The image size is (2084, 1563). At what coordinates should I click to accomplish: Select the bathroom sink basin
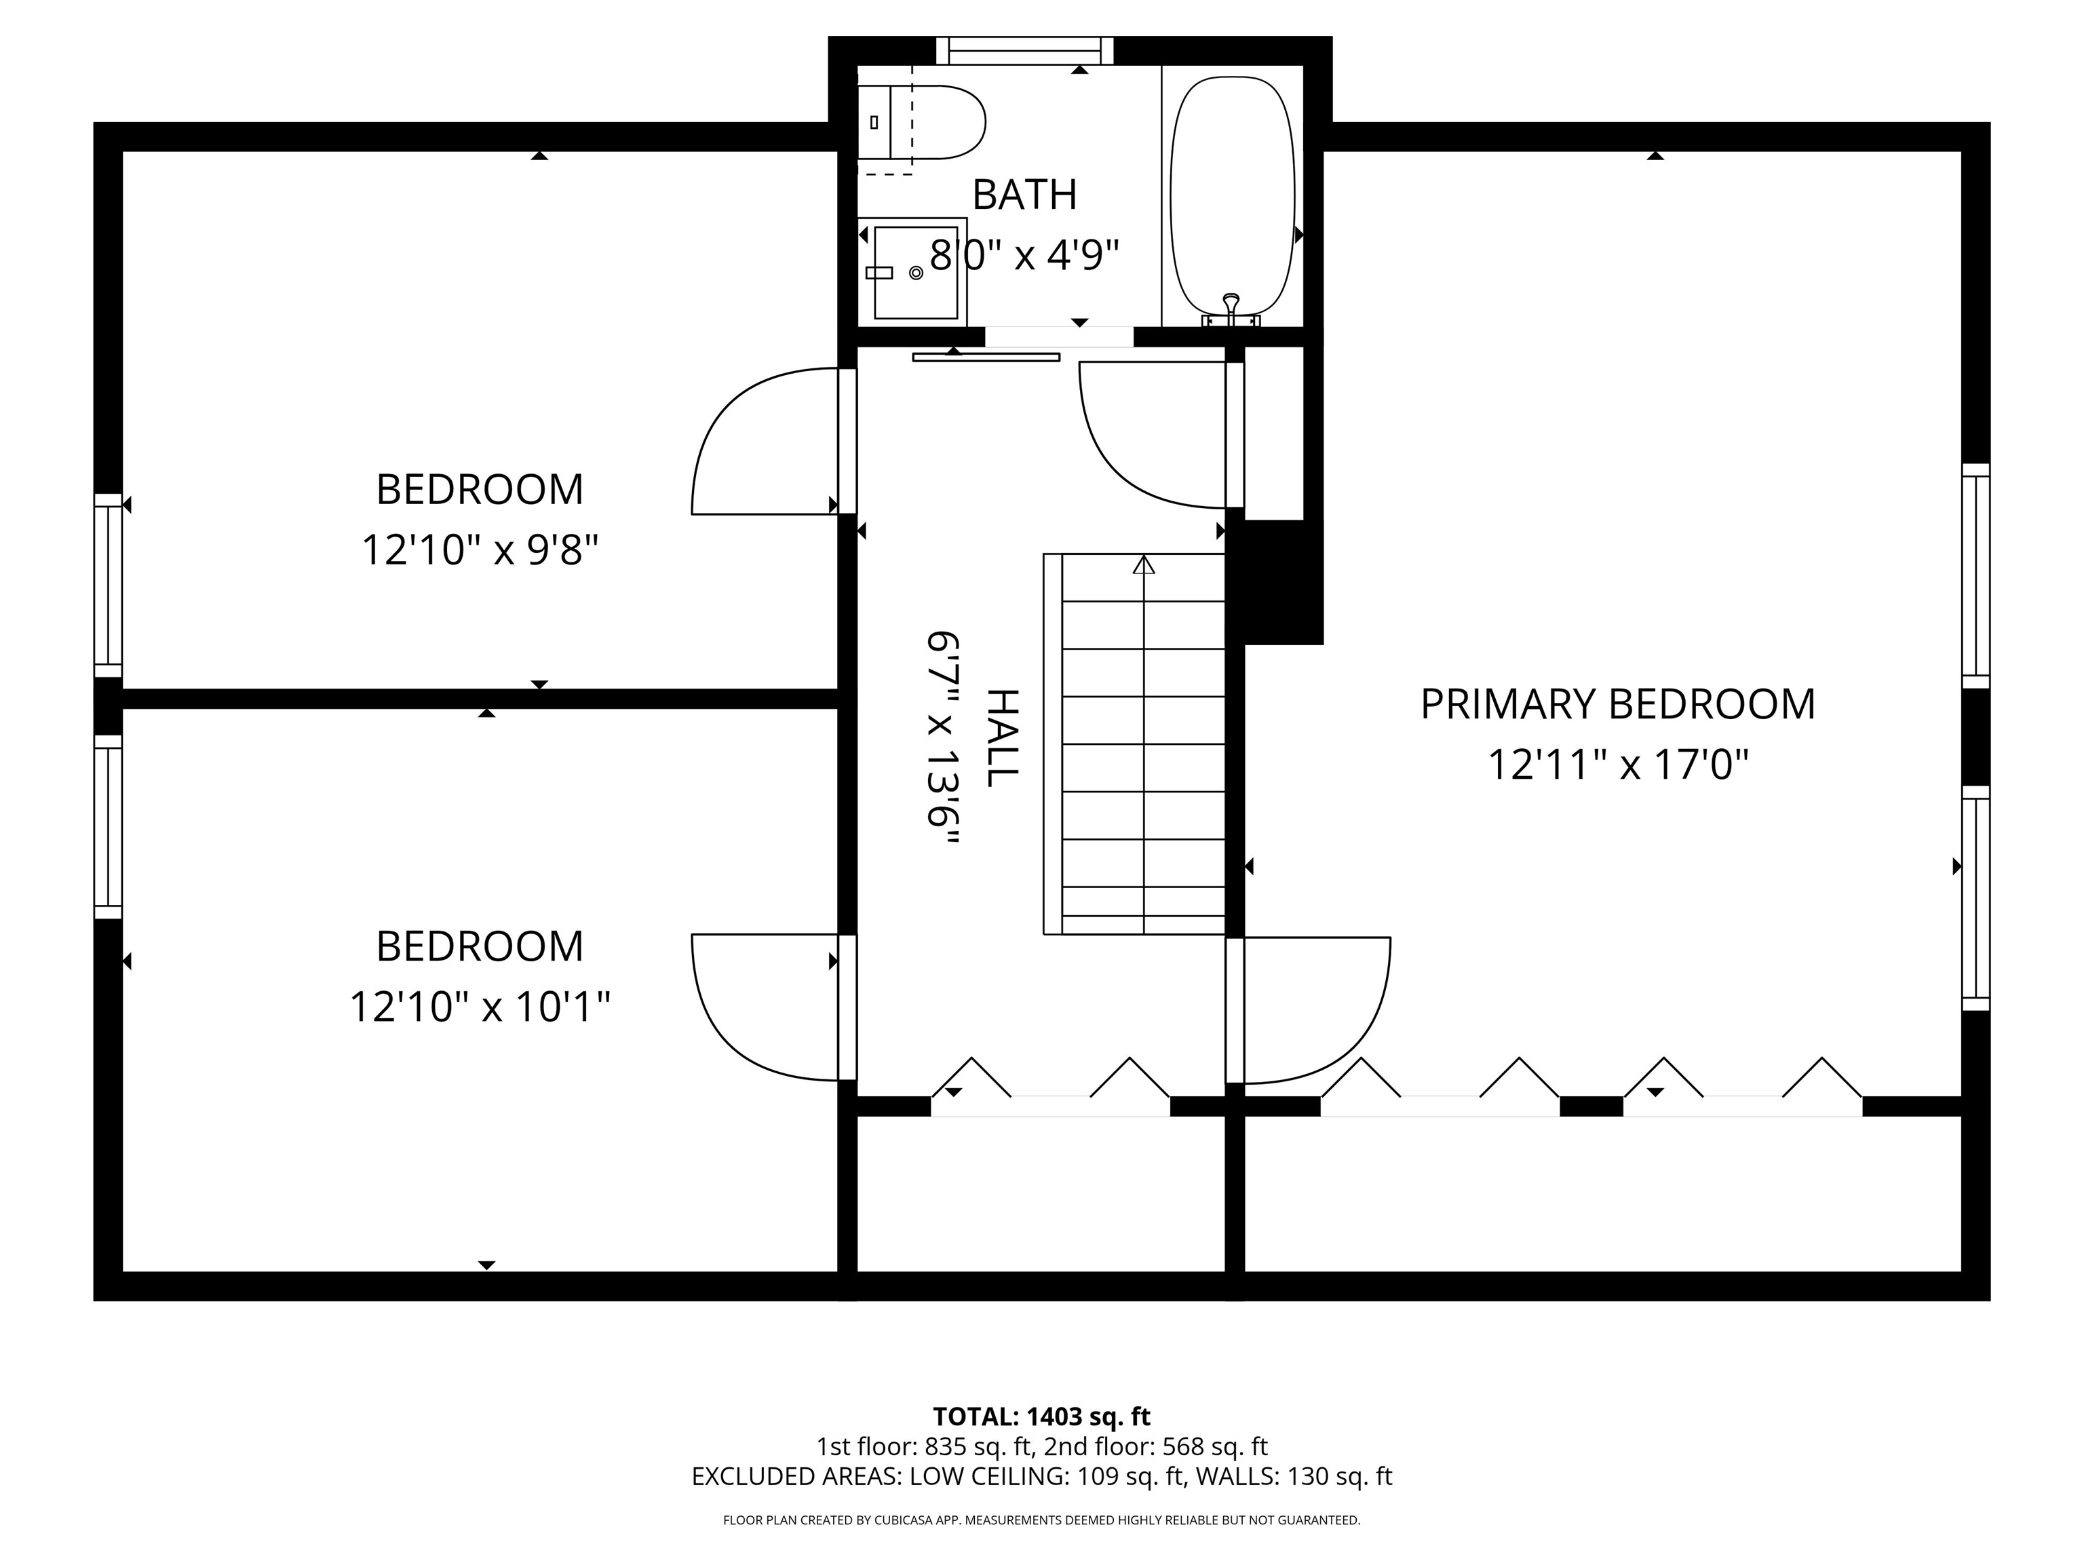pos(913,272)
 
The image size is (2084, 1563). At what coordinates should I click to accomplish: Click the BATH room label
pos(1024,195)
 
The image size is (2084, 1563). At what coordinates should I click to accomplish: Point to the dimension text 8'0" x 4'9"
pos(1024,254)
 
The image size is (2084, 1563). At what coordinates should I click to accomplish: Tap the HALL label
pos(1003,737)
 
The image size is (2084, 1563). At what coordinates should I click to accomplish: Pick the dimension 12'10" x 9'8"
pos(480,549)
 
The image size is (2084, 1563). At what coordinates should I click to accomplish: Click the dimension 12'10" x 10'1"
pos(480,1006)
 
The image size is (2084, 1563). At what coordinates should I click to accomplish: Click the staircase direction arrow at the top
pos(1144,565)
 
